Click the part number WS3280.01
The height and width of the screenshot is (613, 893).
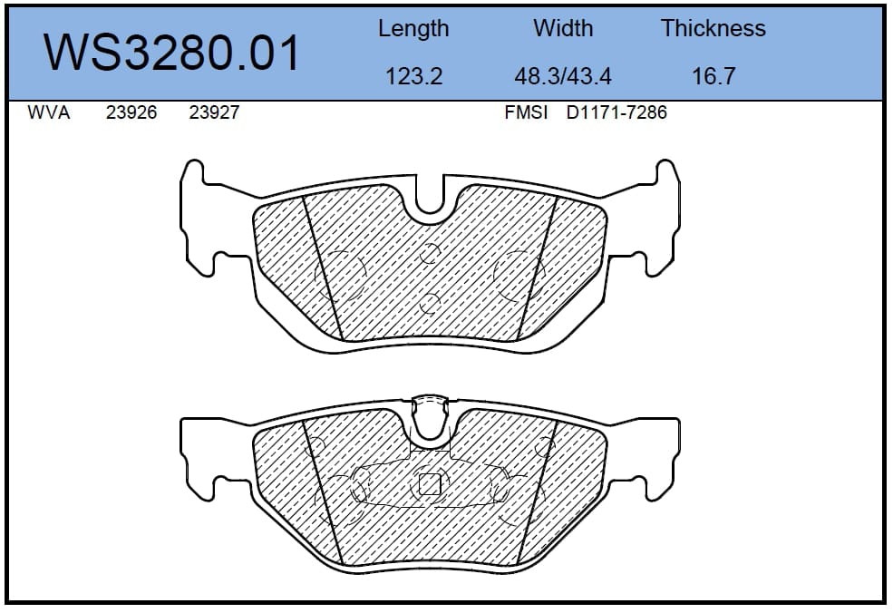click(x=171, y=53)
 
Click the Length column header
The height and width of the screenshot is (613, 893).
click(x=413, y=28)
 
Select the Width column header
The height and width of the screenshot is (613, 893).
click(x=563, y=28)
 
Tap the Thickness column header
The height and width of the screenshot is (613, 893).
click(x=713, y=28)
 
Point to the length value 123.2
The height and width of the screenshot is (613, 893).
click(x=414, y=76)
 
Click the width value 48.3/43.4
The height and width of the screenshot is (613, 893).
click(x=563, y=76)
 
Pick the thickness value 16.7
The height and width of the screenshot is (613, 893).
click(x=713, y=76)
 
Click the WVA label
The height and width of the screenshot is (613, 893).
click(x=48, y=112)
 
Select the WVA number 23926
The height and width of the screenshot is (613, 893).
click(x=131, y=112)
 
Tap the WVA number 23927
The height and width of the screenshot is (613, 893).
click(x=214, y=112)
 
